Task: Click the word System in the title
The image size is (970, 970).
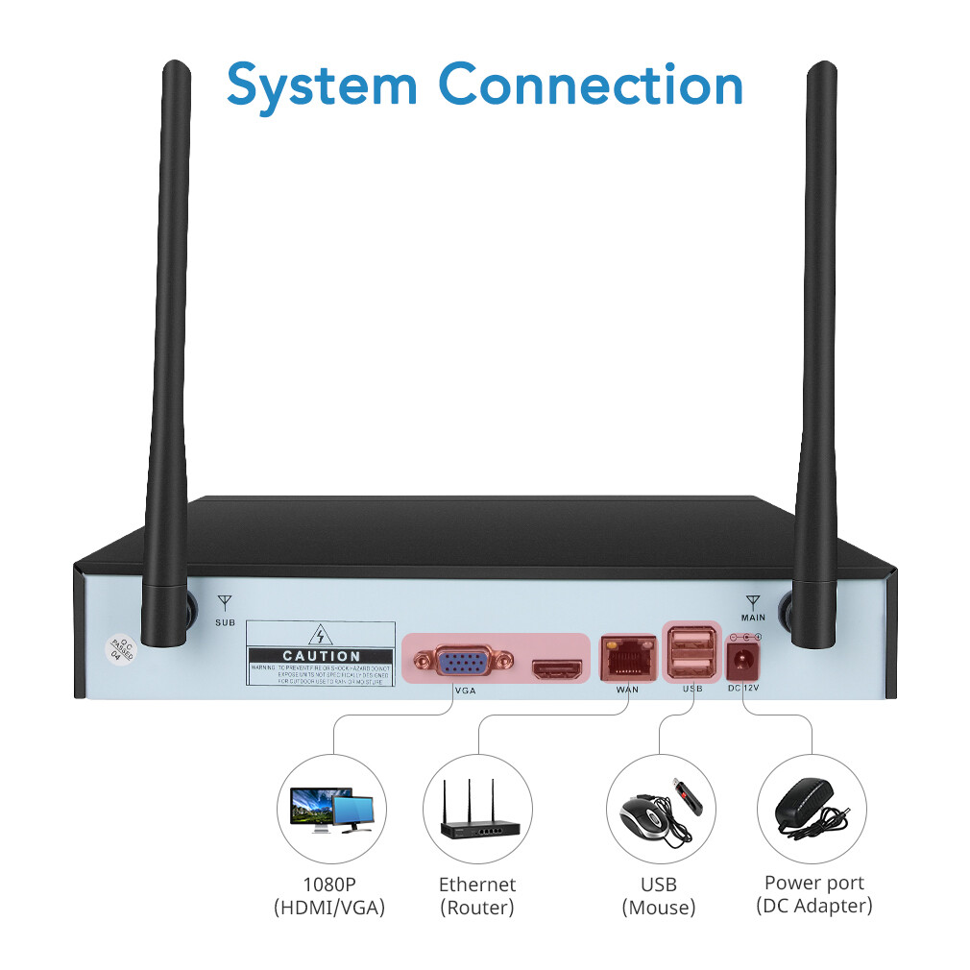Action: coord(322,85)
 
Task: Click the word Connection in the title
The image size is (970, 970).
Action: coord(592,85)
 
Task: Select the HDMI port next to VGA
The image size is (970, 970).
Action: coord(559,669)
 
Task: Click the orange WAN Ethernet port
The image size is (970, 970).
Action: coord(626,657)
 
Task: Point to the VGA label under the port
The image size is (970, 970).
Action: coord(465,690)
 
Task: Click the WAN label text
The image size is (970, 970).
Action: coord(626,689)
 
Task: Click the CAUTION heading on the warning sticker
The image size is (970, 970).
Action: coord(321,655)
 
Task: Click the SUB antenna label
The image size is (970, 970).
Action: coord(225,623)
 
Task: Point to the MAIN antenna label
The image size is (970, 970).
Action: coord(753,617)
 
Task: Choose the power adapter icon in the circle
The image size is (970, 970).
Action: coord(807,806)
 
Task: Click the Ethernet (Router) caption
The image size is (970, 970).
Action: coord(477,895)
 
